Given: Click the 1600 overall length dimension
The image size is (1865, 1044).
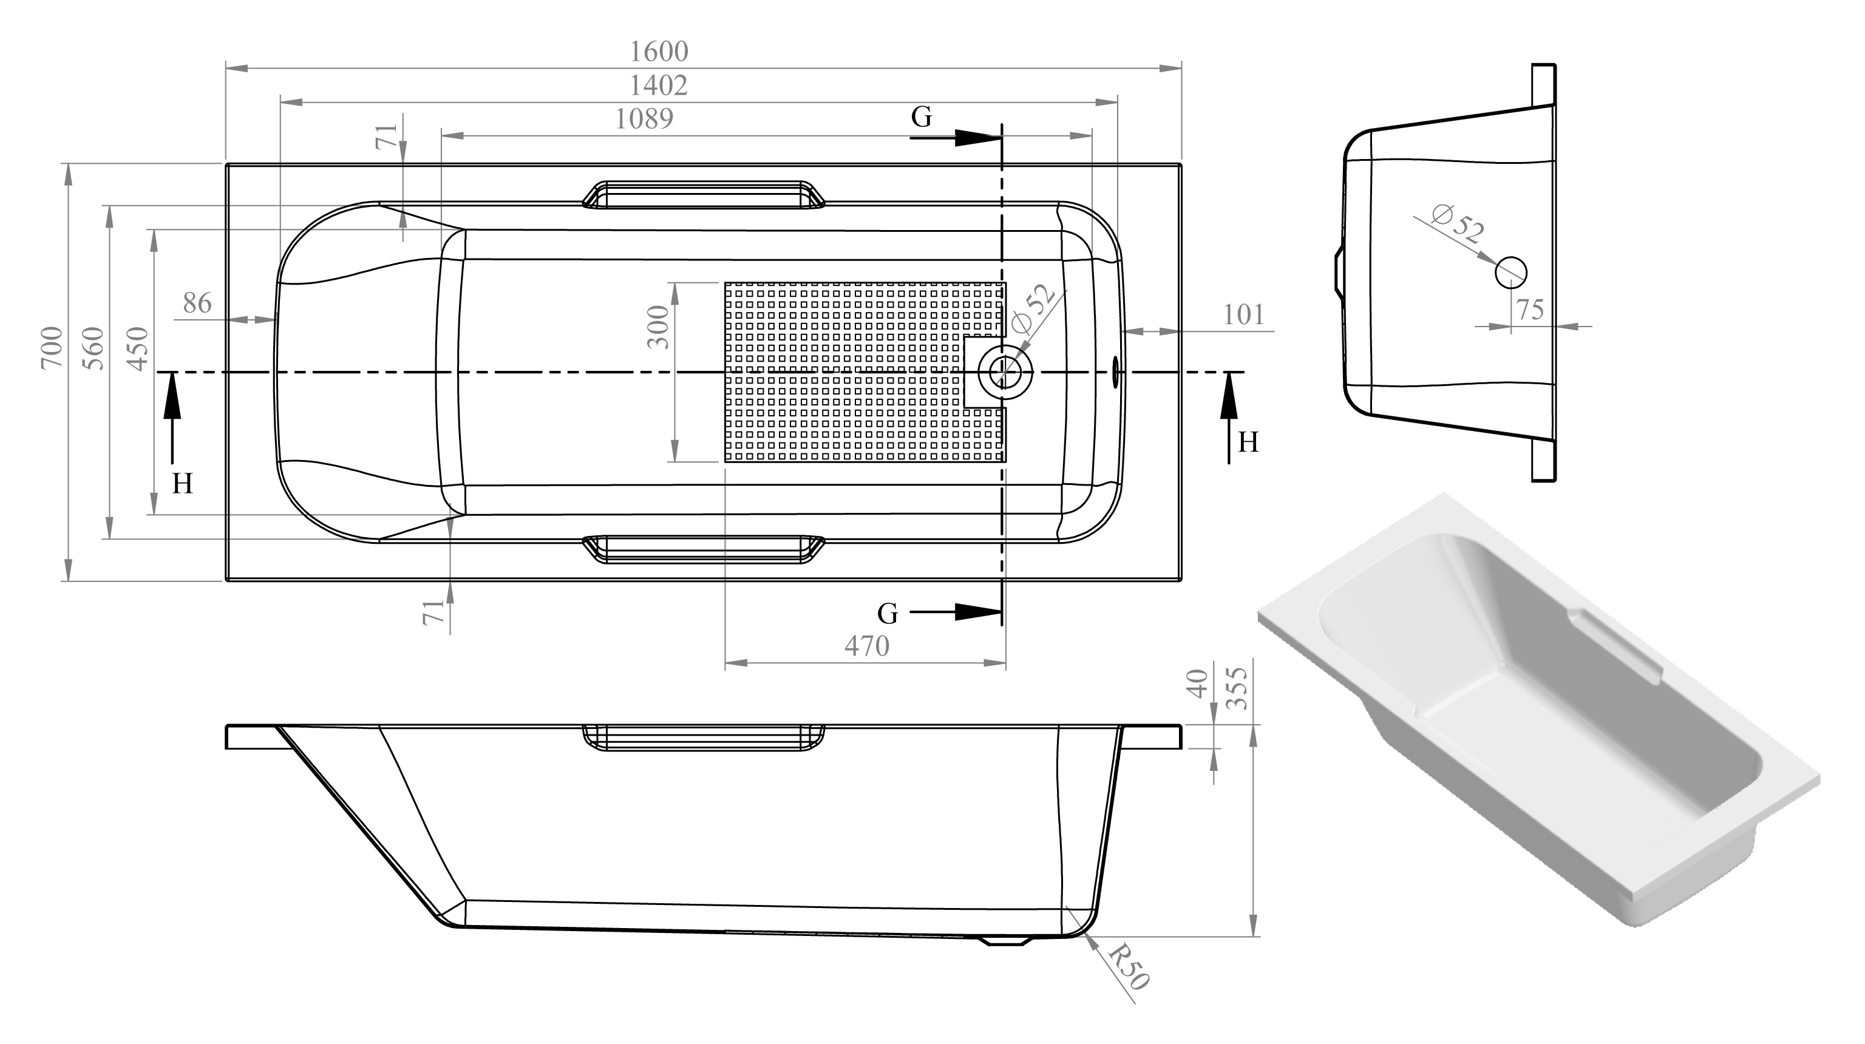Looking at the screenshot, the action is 659,52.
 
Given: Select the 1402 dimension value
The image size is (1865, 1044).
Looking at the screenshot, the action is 658,86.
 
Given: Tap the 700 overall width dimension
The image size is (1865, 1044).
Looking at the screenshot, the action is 52,348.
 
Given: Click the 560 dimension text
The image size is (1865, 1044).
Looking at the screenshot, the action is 93,348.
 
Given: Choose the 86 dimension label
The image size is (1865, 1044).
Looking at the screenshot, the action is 197,303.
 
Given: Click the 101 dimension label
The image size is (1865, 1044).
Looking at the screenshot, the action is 1244,315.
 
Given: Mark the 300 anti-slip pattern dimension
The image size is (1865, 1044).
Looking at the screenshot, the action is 658,327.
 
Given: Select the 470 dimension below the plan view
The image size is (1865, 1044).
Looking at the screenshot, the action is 866,646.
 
